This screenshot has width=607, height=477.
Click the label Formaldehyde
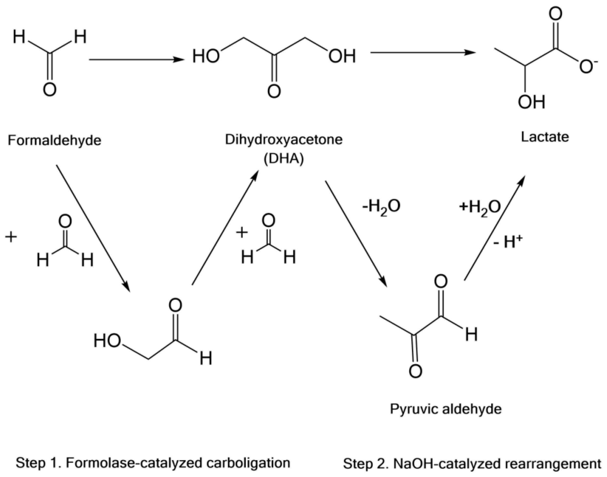coord(54,140)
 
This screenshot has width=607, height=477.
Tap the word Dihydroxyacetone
coord(284,139)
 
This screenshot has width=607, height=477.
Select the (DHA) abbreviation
coord(284,159)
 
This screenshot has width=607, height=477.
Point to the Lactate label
coord(545,137)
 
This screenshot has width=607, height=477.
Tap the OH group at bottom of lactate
coord(531,102)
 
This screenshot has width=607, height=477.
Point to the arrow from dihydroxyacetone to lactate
coord(423,52)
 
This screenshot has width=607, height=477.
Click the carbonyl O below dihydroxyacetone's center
coord(274,91)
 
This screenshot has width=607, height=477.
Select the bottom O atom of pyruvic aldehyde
coord(415,371)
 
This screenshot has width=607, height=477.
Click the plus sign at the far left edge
coord(11,237)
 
